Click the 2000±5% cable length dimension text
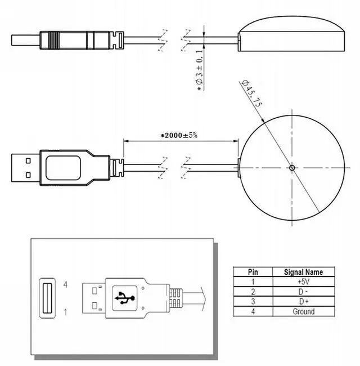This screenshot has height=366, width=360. coord(179,136)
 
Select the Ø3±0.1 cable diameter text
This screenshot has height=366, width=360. coord(199,70)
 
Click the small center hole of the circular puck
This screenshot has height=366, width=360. coord(291,167)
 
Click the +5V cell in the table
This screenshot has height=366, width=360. coord(303,280)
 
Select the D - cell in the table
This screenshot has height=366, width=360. coord(303,291)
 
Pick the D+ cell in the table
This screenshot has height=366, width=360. coord(303,301)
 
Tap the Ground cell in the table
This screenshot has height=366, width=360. coord(303,311)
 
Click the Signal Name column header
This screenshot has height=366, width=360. coord(303,271)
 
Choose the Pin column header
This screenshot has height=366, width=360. coord(253,271)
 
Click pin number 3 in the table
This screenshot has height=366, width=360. coord(253,301)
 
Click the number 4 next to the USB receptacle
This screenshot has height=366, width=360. coord(65,285)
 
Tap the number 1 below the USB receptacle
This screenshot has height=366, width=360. coord(65,311)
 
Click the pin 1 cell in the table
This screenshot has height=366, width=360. coord(253,280)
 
